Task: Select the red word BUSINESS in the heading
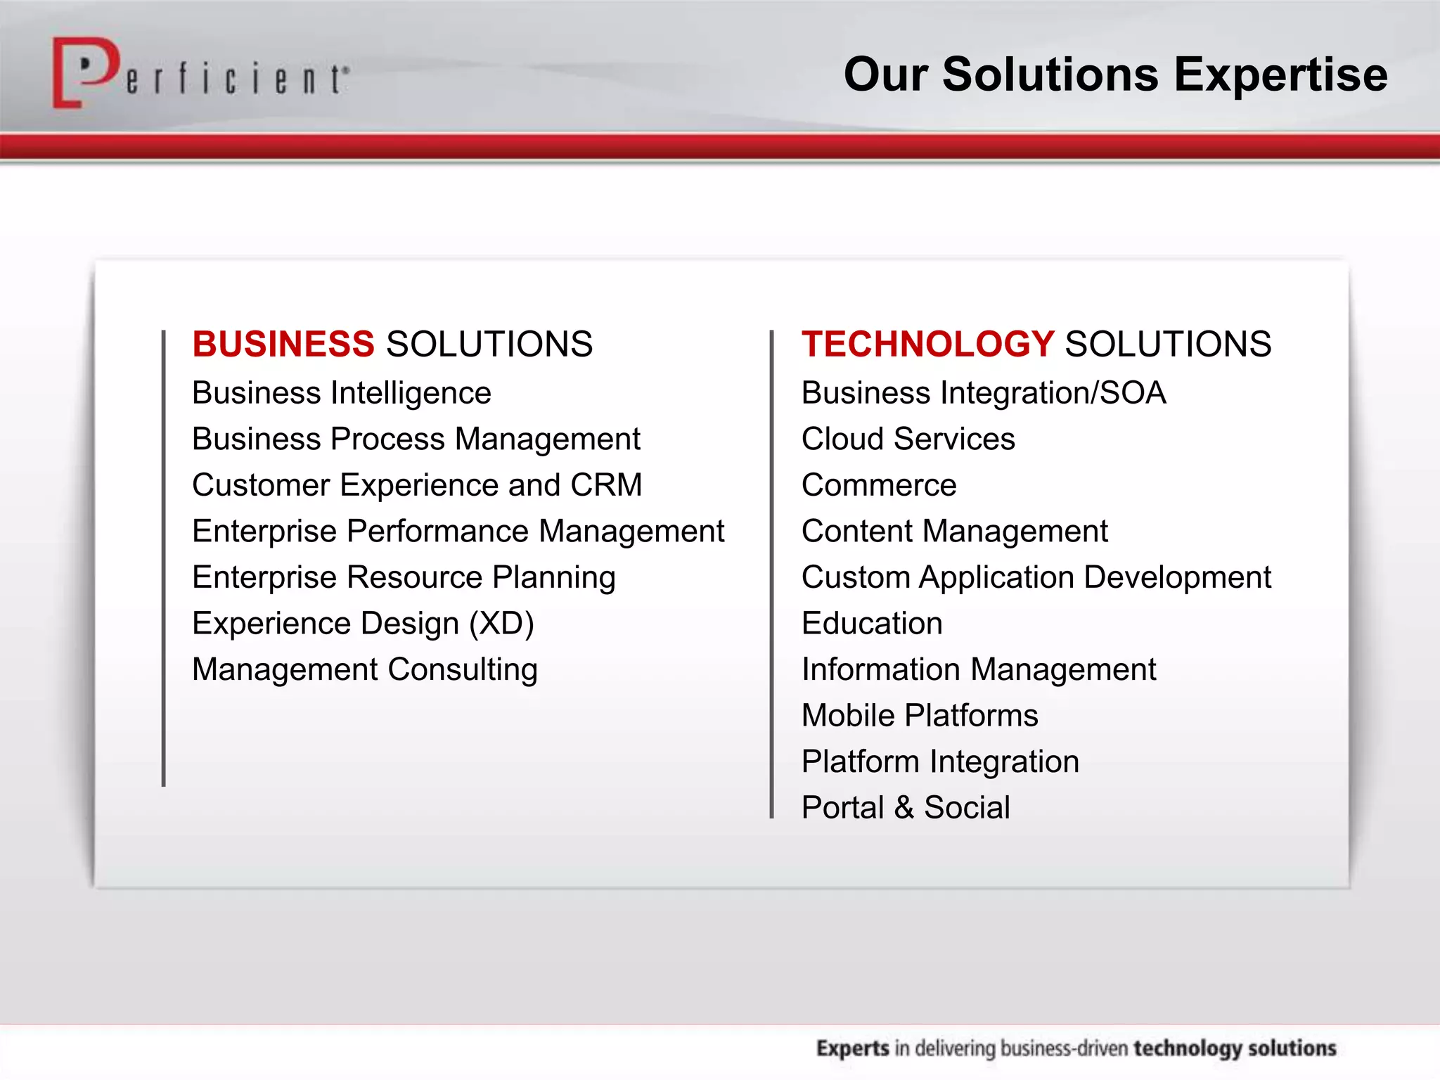point(283,345)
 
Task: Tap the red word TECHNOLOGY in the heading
point(927,345)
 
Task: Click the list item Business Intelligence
point(342,393)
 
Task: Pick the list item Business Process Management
point(416,439)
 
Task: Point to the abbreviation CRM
point(606,485)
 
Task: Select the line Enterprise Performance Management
point(458,532)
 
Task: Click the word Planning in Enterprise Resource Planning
point(553,578)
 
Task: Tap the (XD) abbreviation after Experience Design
point(501,624)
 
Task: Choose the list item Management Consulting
point(365,669)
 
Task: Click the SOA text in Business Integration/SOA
point(1132,393)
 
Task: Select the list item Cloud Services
point(908,439)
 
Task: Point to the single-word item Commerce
point(879,485)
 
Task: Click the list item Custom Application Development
point(1036,578)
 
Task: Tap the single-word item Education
point(872,624)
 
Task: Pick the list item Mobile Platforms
point(920,716)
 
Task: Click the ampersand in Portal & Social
point(904,808)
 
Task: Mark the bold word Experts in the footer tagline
point(852,1048)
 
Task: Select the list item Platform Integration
point(940,762)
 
